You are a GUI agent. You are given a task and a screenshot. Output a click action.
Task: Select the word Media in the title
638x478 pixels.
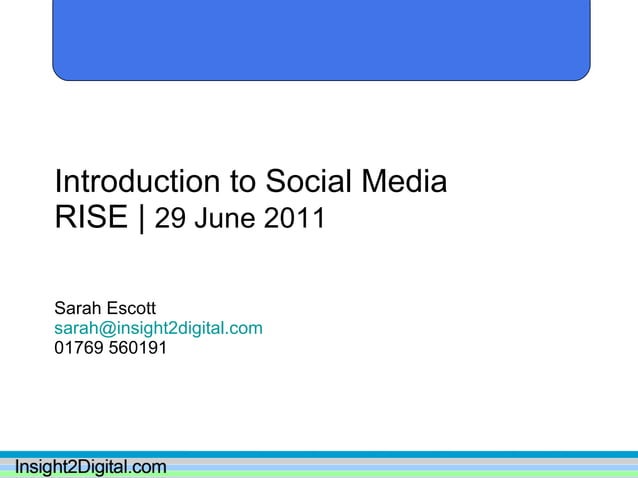[405, 182]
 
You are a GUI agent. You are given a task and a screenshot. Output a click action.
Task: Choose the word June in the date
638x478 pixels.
[226, 218]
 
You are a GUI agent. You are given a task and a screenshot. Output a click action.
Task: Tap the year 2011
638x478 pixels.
[294, 218]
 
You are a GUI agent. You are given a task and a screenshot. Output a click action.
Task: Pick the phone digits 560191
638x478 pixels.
[138, 348]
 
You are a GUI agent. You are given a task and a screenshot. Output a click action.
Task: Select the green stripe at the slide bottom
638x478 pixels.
[400, 473]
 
